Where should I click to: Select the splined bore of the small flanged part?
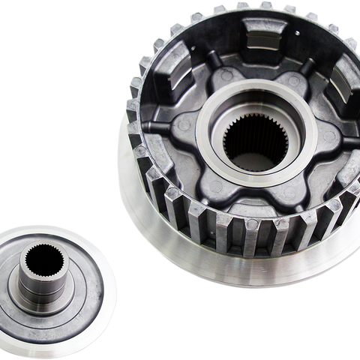point(37,259)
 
